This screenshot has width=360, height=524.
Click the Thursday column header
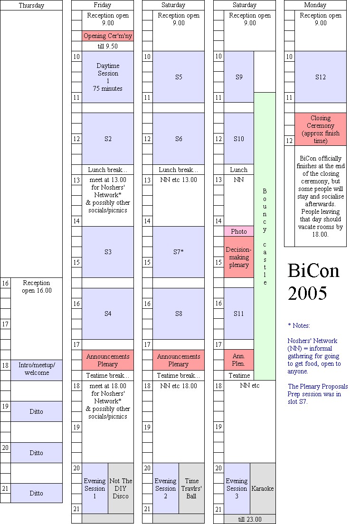tap(31, 5)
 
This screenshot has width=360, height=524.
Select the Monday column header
tap(315, 5)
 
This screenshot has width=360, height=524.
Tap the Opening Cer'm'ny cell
tap(108, 36)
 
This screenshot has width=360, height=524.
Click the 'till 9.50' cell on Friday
tap(108, 46)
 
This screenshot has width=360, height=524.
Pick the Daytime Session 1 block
tap(108, 77)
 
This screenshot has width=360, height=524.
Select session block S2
tap(108, 139)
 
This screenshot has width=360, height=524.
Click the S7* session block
tap(179, 252)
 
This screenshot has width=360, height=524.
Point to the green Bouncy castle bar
tap(265, 236)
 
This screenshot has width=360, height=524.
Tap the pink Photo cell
tap(239, 231)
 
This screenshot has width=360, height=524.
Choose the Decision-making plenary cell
tap(239, 257)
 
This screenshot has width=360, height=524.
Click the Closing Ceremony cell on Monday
tap(321, 129)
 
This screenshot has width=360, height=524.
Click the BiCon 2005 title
tap(314, 282)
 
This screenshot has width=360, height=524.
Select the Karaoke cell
tap(263, 488)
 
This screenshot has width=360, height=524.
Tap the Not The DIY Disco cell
tap(121, 488)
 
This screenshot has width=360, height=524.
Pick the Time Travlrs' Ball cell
tap(191, 488)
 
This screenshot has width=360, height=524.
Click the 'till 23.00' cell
tap(250, 519)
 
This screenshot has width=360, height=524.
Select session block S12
tap(321, 77)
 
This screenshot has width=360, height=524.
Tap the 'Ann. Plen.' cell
tap(239, 360)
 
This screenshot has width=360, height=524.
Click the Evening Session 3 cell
tap(237, 488)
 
